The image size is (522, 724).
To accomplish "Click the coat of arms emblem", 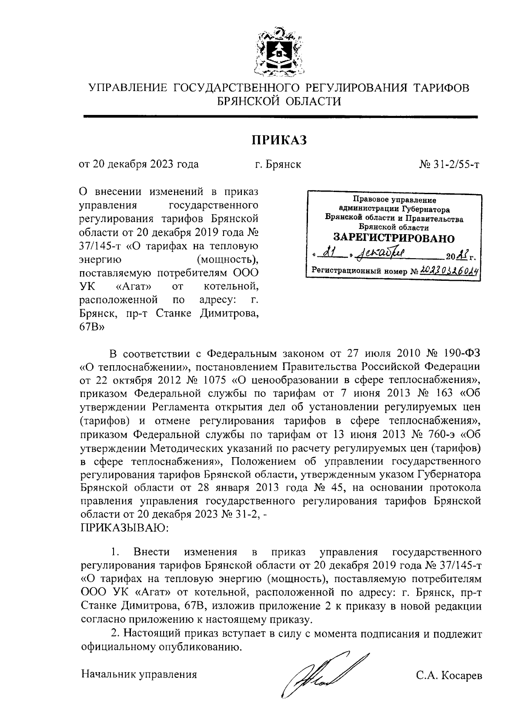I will tap(279, 51).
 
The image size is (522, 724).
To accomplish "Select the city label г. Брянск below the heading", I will tap(278, 165).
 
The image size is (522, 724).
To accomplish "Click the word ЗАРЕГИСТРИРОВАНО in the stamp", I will tap(394, 238).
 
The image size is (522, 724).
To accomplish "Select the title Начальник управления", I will tap(139, 674).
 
